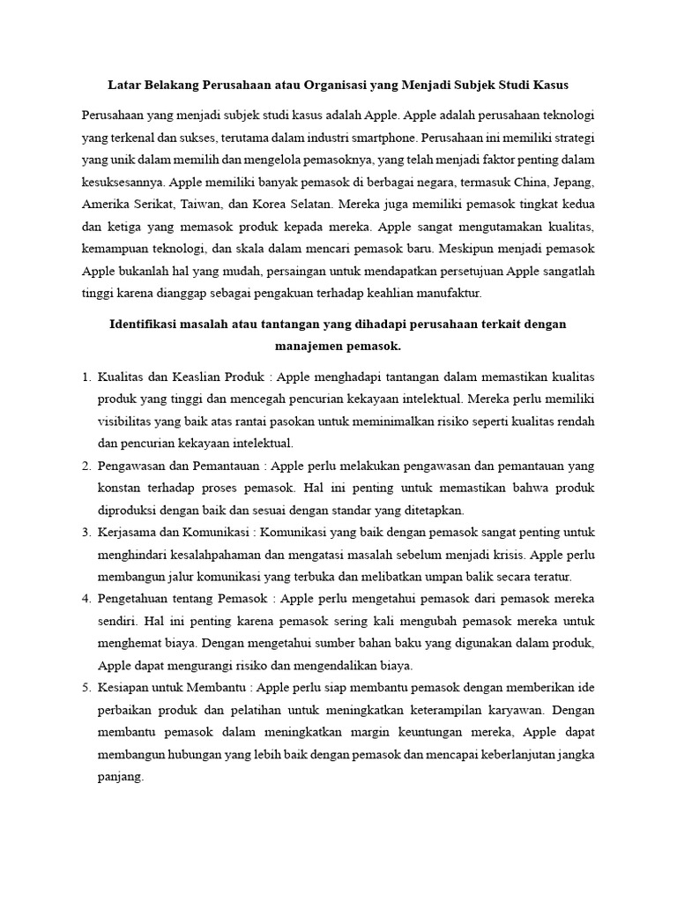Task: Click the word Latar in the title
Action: (126, 86)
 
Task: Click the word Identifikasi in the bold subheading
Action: (151, 325)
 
